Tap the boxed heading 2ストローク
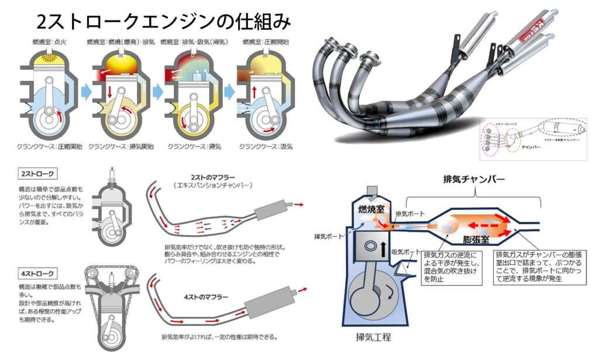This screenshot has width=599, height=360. pos(39,174)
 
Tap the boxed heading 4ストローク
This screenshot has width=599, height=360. pos(39,272)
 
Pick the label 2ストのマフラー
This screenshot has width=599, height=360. pos(213,177)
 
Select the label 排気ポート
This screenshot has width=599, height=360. pos(409,214)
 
